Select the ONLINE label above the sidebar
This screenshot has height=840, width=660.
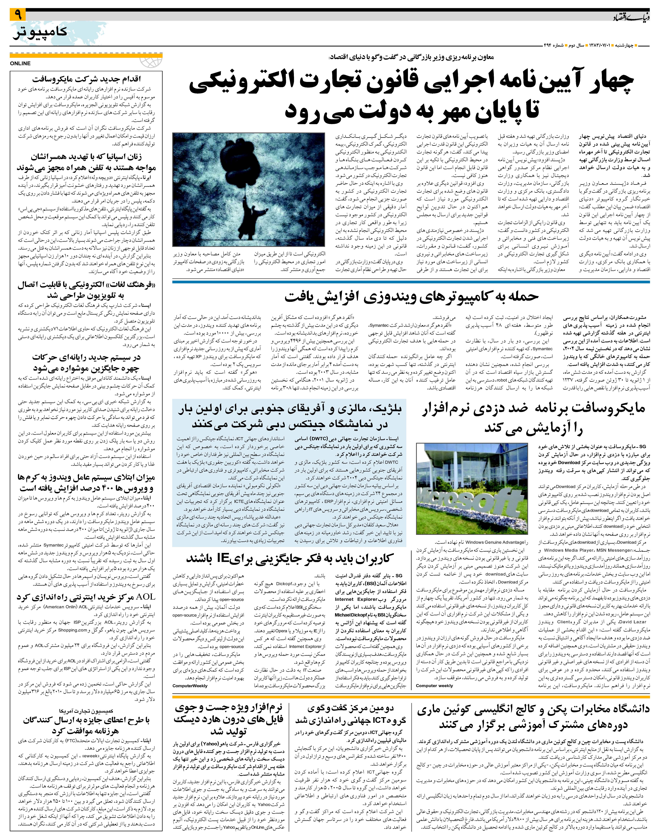21,63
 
